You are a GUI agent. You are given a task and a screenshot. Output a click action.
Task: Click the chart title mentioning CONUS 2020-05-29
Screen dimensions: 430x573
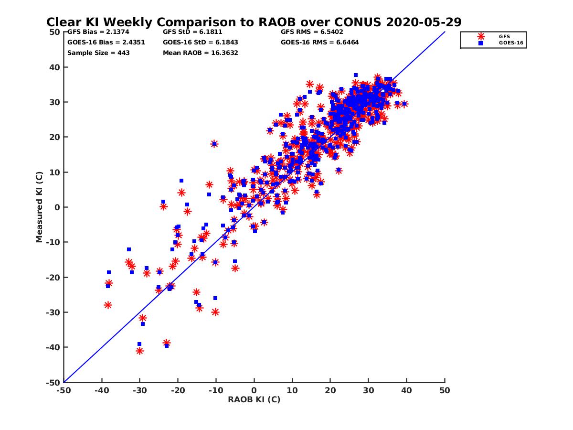254,22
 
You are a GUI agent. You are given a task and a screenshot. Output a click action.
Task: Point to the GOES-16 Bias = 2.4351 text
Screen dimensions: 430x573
106,42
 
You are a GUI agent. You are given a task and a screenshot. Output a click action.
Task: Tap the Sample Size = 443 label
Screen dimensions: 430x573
98,53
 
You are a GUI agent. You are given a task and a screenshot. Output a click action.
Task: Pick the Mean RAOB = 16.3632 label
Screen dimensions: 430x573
200,53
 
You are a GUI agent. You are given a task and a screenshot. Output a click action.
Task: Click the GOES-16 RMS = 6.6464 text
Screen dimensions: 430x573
319,42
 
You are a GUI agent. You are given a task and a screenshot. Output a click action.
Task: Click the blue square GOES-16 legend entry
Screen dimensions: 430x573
481,43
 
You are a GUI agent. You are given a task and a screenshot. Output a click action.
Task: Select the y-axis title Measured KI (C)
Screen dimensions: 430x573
39,207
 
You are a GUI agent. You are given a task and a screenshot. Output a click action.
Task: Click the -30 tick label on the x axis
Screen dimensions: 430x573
139,390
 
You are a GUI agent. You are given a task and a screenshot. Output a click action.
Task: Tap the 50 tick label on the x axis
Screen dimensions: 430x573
445,390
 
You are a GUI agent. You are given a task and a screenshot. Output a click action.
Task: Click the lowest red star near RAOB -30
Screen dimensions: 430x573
139,351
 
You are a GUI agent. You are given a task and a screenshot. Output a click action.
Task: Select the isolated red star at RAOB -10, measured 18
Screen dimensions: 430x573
214,143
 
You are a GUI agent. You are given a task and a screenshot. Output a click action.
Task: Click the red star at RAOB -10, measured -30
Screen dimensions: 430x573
215,312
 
